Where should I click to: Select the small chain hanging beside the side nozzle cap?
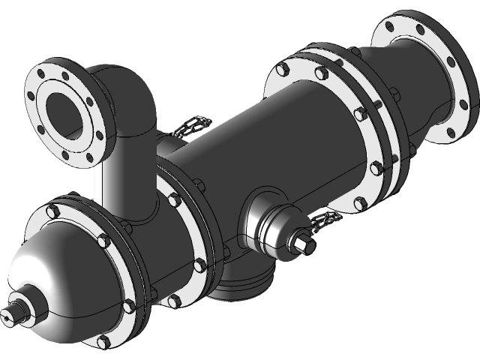[324, 220]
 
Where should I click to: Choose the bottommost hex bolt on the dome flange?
[103, 341]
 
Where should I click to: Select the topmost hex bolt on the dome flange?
[74, 201]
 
